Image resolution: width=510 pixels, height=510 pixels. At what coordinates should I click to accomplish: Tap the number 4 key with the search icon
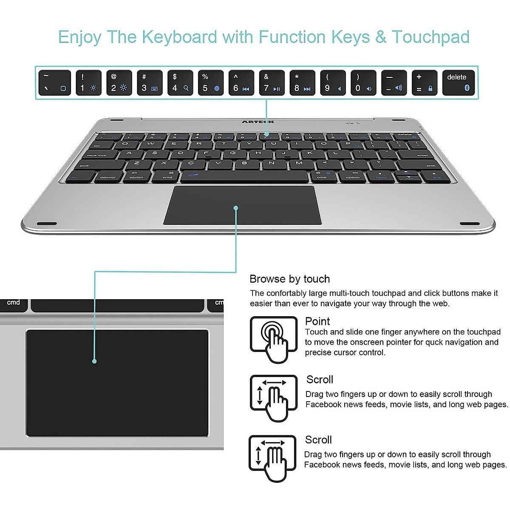point(180,82)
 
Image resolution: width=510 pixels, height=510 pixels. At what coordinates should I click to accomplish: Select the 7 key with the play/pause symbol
point(272,82)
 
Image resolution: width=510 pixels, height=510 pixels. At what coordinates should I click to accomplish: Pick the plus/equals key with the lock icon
point(424,82)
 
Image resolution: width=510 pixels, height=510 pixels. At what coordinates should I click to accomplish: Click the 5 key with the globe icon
point(210,82)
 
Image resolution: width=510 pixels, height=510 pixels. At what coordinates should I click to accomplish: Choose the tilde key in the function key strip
point(54,82)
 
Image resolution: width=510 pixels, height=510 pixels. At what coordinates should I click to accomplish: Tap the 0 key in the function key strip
point(363,82)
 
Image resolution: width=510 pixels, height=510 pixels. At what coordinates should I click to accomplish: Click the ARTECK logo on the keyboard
point(258,122)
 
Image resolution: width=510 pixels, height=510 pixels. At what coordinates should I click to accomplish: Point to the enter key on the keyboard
point(420,155)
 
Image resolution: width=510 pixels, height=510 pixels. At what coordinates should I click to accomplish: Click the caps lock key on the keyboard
point(98,155)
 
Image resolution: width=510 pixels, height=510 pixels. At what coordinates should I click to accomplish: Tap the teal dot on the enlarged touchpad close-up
point(94,361)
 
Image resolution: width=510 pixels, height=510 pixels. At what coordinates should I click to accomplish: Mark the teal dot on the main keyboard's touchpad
point(236,208)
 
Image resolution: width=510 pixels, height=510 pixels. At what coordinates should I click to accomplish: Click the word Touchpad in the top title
point(430,37)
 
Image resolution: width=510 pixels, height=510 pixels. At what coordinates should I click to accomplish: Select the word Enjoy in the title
point(79,37)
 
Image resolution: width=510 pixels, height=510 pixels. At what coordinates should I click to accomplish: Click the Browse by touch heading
point(289,279)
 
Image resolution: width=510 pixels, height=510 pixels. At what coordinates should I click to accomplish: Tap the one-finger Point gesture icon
point(273,339)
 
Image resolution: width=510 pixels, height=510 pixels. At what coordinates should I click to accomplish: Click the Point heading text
point(317,321)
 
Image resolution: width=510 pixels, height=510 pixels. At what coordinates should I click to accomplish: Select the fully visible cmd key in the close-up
point(14,303)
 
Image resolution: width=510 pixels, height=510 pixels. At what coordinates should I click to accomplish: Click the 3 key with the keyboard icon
point(150,82)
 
